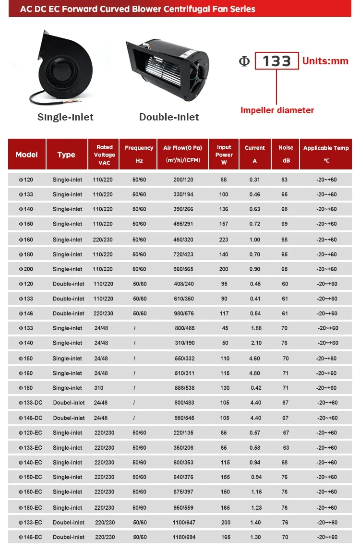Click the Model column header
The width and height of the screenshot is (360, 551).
pyautogui.click(x=26, y=155)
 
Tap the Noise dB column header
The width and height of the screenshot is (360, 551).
pyautogui.click(x=286, y=154)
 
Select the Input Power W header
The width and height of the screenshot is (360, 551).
pyautogui.click(x=224, y=155)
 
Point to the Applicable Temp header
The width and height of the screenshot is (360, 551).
pyautogui.click(x=326, y=154)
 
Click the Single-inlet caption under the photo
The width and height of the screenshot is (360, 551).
pyautogui.click(x=65, y=117)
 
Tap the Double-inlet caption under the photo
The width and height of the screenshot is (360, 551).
pyautogui.click(x=169, y=117)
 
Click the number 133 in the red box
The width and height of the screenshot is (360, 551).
pyautogui.click(x=277, y=61)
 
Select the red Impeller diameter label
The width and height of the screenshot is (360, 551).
pyautogui.click(x=277, y=110)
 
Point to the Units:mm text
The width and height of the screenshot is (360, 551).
pyautogui.click(x=325, y=61)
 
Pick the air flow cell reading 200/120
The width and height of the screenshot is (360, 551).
pyautogui.click(x=183, y=180)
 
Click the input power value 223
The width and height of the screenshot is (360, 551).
pyautogui.click(x=224, y=240)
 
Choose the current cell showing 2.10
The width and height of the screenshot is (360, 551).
pyautogui.click(x=256, y=343)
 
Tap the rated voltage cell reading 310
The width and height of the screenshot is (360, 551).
pyautogui.click(x=101, y=388)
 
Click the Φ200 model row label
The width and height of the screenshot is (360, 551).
pyautogui.click(x=26, y=269)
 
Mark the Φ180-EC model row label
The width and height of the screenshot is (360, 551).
pyautogui.click(x=30, y=507)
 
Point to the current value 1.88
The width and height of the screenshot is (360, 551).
pyautogui.click(x=256, y=328)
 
